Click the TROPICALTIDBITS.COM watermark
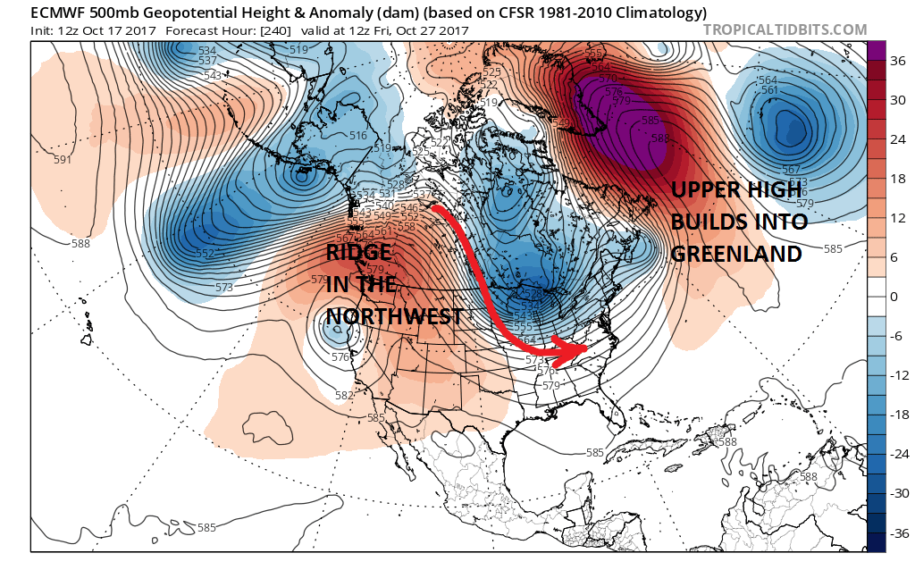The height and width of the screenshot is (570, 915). (x=785, y=29)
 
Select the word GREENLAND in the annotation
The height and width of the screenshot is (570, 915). (x=735, y=254)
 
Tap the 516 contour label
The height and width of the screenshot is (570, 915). (x=359, y=136)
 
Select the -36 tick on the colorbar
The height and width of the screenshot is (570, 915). (x=897, y=533)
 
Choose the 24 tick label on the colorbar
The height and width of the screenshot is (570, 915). (x=896, y=138)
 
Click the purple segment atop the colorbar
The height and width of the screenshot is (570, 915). (x=876, y=51)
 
